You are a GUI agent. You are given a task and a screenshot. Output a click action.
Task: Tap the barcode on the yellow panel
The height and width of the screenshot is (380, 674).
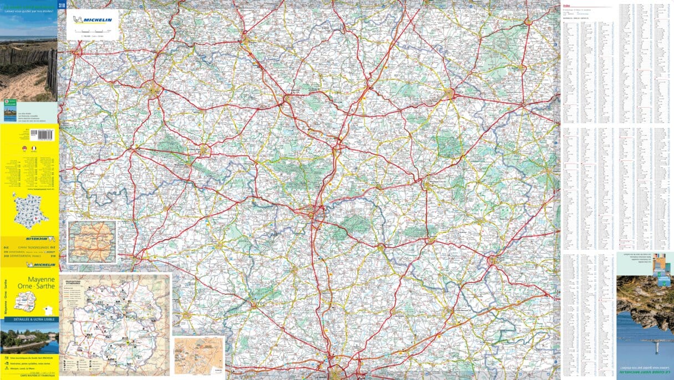[x=43, y=134]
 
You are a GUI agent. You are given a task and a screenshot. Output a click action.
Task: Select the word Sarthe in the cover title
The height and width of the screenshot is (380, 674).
[x=45, y=288]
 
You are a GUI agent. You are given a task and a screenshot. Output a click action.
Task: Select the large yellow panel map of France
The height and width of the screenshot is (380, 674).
[x=30, y=211]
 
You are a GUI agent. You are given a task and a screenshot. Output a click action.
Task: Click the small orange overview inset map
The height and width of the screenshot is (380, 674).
[x=92, y=242]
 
